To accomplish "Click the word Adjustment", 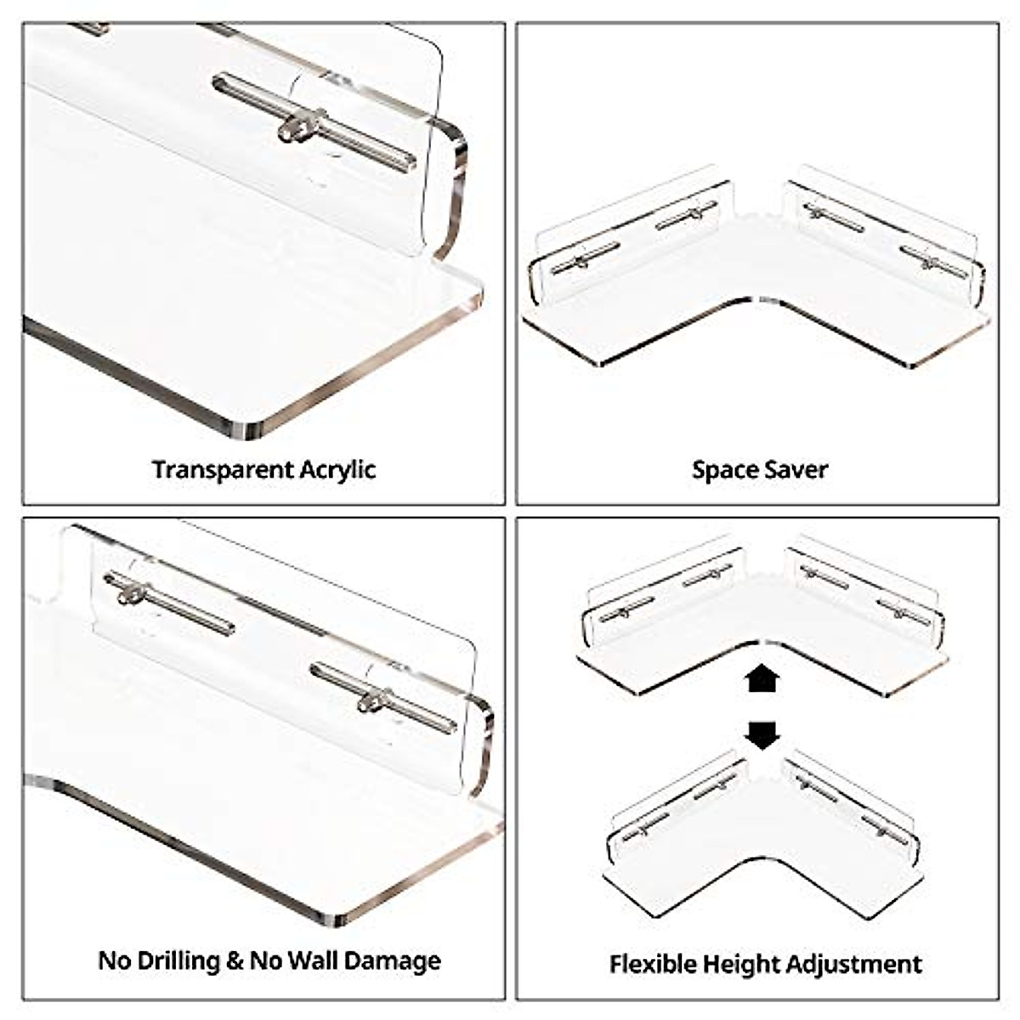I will tap(854, 965).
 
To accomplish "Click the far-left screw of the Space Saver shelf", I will tap(581, 261).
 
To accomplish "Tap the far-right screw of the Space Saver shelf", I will tap(930, 261).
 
